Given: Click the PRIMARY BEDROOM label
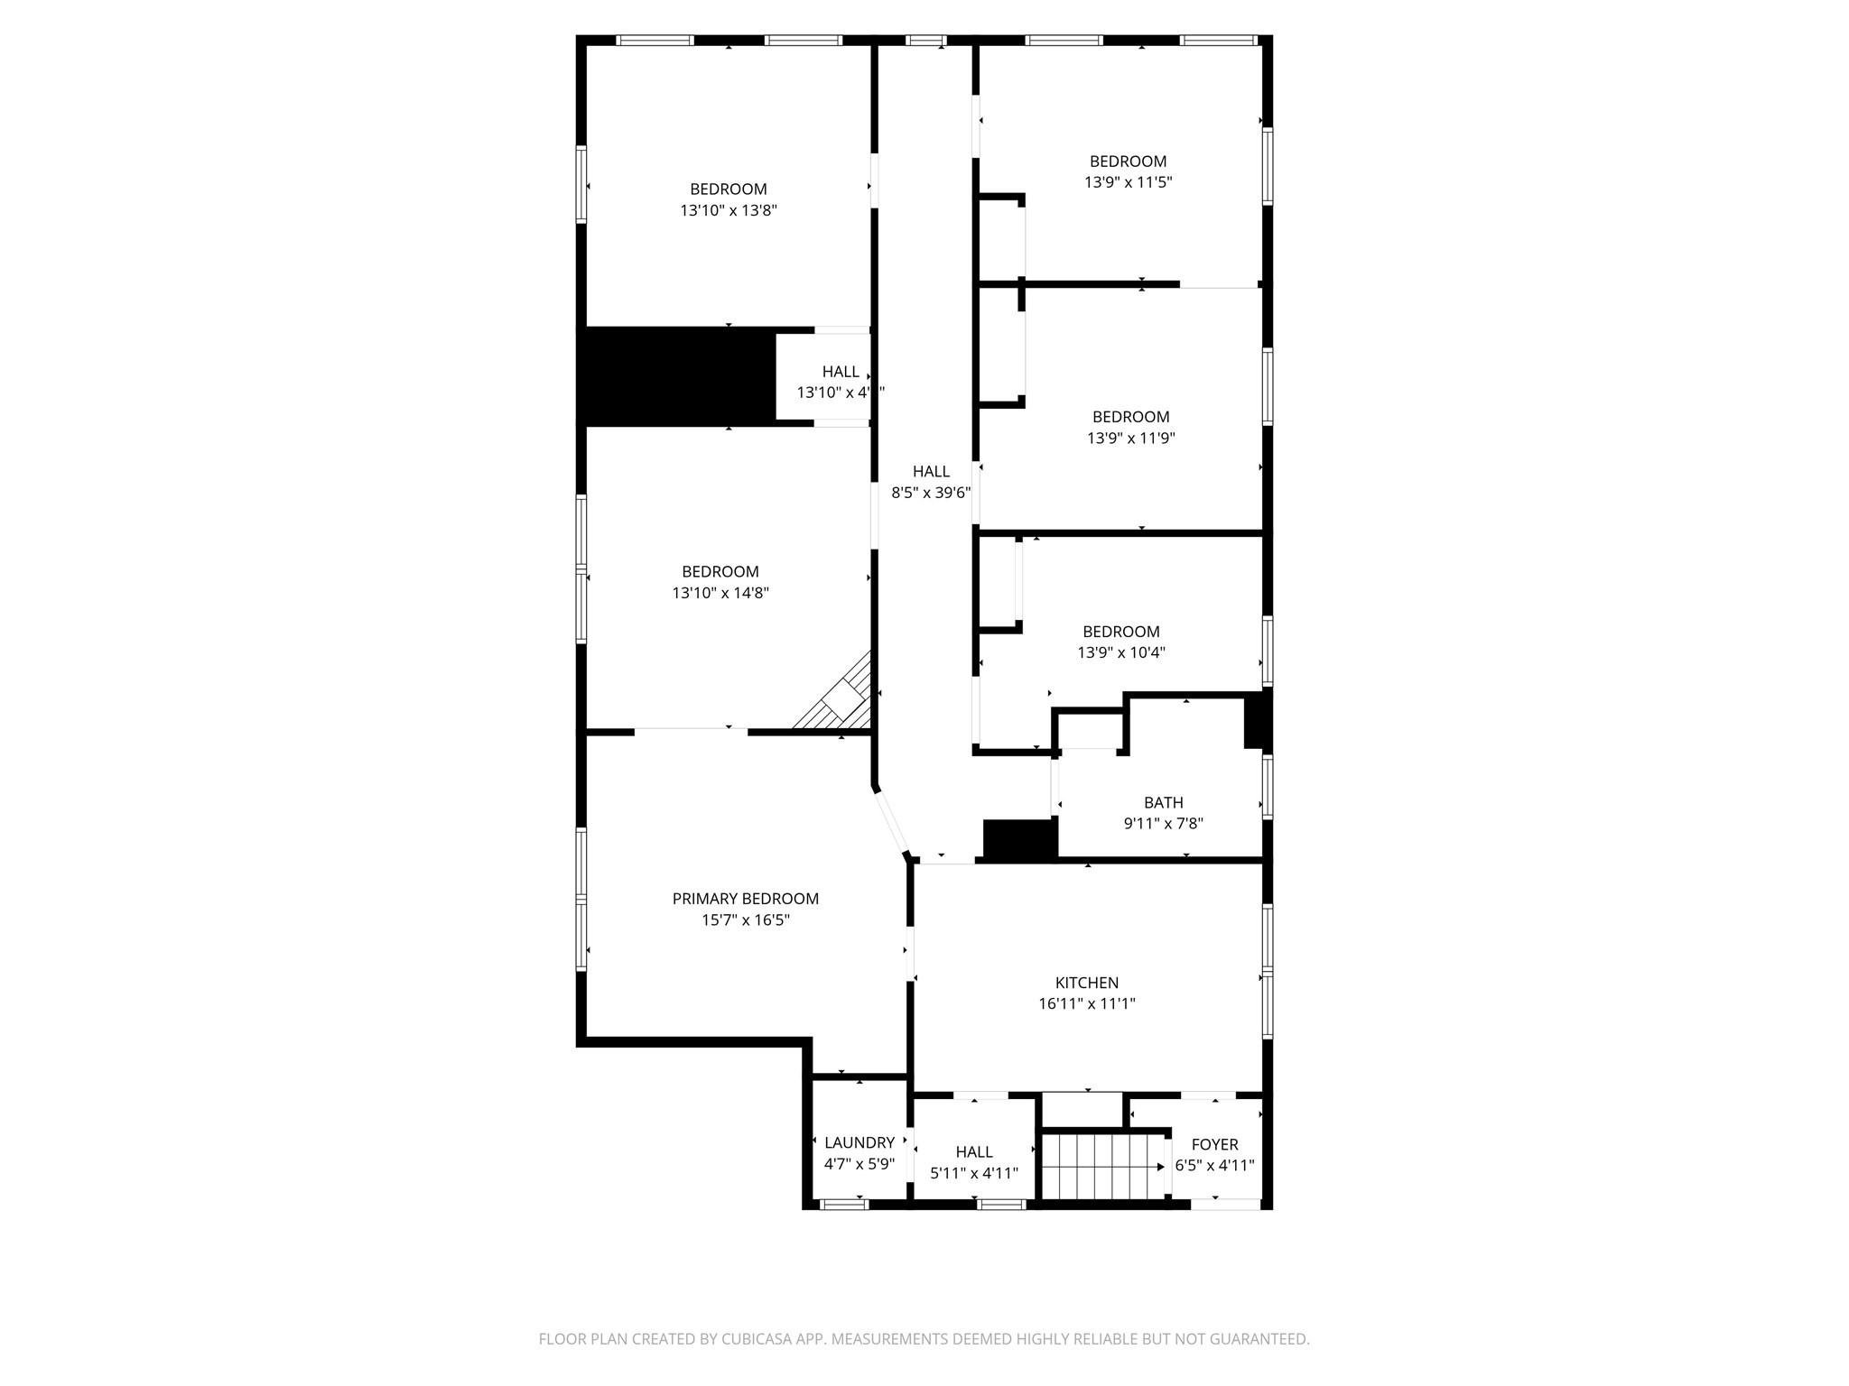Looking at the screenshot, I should click(x=745, y=899).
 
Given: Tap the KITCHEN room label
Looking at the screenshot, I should click(x=1086, y=983).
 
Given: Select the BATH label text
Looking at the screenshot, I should click(x=1163, y=802).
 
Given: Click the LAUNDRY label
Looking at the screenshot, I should click(x=859, y=1142).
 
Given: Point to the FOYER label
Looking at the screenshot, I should click(x=1214, y=1144).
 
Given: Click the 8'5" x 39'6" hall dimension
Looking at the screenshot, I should click(x=931, y=493).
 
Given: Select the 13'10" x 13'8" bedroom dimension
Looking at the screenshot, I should click(x=729, y=210).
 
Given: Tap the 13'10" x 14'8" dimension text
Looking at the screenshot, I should click(x=720, y=593).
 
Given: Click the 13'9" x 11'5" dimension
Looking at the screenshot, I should click(x=1128, y=182).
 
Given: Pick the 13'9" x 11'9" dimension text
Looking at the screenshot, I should click(x=1130, y=439).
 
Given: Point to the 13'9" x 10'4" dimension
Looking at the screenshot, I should click(x=1121, y=652).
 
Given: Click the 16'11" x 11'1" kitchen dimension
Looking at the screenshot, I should click(x=1086, y=1003).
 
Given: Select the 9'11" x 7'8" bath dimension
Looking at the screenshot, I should click(x=1163, y=823).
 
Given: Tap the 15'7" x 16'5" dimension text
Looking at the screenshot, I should click(x=745, y=920).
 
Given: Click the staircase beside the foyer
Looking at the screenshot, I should click(x=1101, y=1166).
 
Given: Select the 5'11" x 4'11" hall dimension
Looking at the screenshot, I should click(x=974, y=1173).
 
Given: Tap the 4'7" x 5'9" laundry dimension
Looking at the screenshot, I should click(x=859, y=1164).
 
